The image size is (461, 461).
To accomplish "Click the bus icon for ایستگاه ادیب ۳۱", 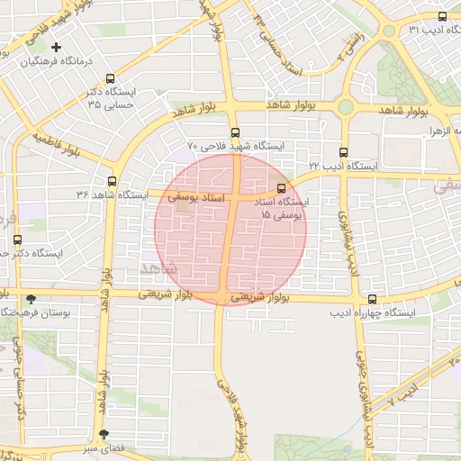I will (442, 16).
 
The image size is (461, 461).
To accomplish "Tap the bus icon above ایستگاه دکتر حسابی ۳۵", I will (111, 78).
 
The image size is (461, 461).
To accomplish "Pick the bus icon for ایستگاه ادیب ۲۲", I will (343, 152).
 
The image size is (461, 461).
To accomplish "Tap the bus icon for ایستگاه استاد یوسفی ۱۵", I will (283, 188).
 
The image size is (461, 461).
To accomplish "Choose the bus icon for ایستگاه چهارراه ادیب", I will (372, 299).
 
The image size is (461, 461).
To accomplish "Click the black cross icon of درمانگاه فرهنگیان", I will (57, 47).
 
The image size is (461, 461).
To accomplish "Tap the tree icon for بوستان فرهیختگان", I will (32, 298).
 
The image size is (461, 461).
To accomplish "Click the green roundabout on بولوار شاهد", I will (346, 107).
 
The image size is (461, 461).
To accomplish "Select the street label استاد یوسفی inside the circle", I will (191, 194).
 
